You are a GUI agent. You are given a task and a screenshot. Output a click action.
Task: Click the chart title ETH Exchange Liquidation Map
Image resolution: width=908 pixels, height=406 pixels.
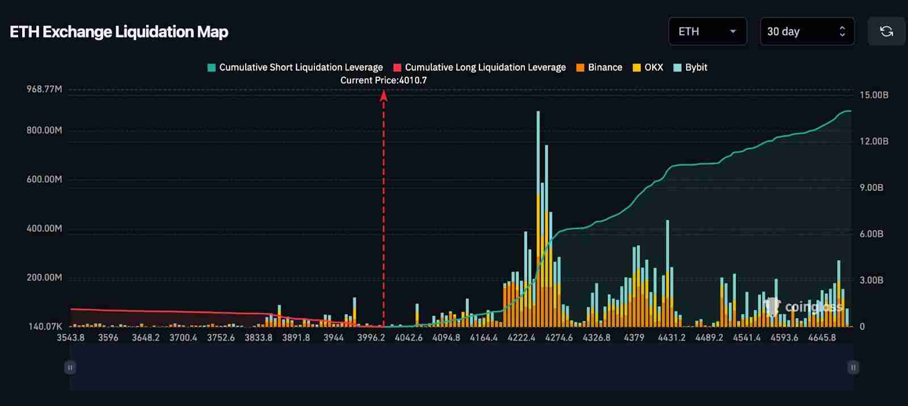point(119,32)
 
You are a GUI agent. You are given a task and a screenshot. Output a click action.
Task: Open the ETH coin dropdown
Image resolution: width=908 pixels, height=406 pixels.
point(707,32)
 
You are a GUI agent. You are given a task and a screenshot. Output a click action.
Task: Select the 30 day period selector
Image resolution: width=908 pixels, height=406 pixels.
point(806,32)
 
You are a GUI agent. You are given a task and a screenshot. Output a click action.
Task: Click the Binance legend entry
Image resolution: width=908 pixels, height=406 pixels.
point(599,68)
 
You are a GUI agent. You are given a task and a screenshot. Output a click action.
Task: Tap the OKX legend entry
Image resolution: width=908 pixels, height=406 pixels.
point(648,68)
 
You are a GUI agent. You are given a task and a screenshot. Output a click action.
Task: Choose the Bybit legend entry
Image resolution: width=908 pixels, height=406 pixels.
point(690,68)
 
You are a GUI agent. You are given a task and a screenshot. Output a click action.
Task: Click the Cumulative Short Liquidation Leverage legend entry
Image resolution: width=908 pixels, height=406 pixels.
point(295,68)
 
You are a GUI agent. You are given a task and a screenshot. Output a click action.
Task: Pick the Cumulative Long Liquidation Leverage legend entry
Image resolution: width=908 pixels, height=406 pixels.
point(480,68)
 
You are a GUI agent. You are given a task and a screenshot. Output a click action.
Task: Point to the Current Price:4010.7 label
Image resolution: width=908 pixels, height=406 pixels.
point(384,80)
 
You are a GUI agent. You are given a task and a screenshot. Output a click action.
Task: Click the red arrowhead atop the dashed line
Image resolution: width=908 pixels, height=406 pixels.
point(384,95)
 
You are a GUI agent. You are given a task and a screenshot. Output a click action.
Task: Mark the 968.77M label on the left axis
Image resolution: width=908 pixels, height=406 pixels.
point(44,89)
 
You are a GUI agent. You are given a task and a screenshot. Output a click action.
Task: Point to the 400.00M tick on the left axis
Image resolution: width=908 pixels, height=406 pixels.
point(44,228)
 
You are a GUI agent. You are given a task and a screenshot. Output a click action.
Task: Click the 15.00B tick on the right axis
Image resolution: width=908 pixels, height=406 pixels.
point(874,95)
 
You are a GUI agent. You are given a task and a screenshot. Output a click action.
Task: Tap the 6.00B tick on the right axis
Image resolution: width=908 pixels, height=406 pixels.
point(871,234)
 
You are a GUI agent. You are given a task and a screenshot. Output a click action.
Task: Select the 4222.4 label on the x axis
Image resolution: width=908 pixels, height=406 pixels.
point(521,337)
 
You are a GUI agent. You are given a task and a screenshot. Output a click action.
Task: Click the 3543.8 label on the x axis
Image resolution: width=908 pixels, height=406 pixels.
point(71,337)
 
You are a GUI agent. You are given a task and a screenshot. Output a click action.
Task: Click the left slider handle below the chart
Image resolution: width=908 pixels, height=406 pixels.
point(70,367)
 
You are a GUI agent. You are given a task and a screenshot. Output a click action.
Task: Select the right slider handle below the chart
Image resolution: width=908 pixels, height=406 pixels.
point(853,367)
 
